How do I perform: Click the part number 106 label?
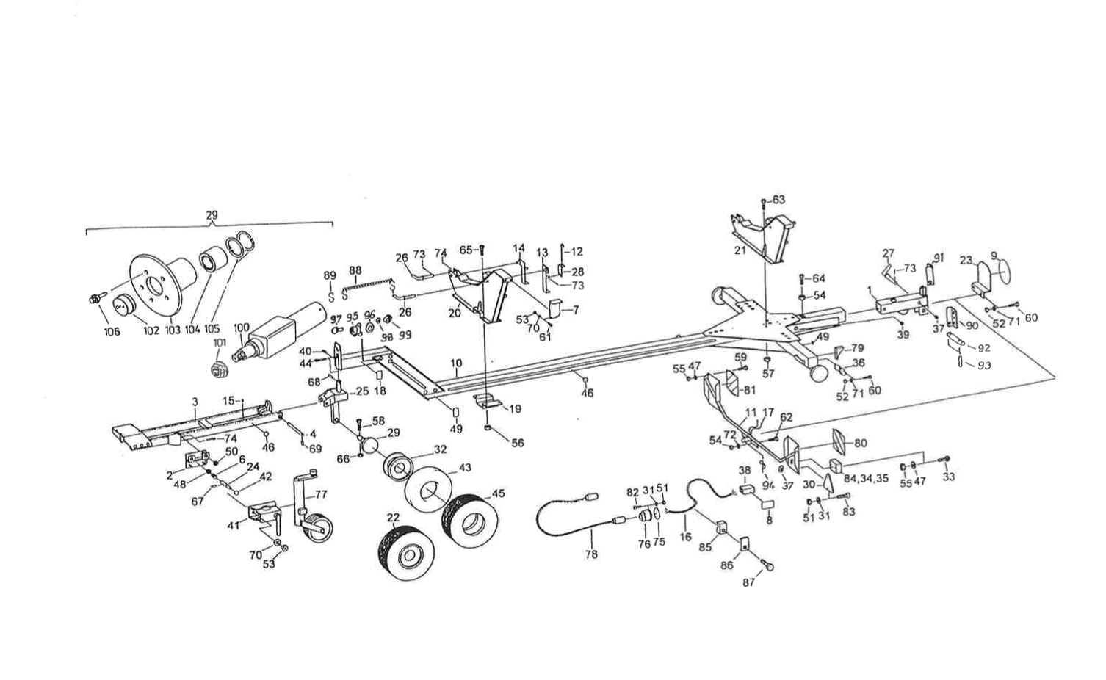point(111,332)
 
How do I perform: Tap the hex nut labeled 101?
point(218,371)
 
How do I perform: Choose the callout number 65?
point(466,250)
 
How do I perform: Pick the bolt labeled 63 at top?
point(764,201)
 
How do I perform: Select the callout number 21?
point(740,250)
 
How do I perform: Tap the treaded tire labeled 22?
point(400,550)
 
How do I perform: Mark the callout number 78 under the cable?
point(591,555)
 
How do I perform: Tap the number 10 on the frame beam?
point(456,363)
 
